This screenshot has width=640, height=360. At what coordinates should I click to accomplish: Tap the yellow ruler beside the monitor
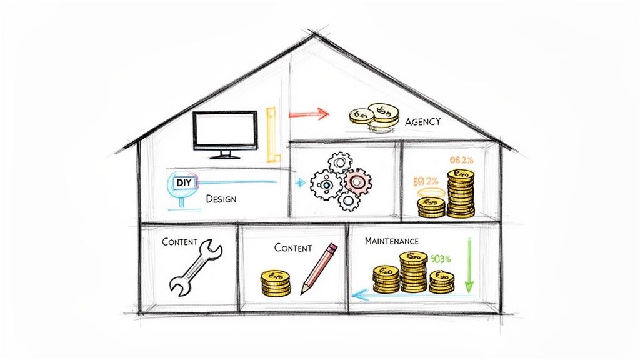(271, 134)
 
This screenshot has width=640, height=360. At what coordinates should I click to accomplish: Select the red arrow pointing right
(308, 114)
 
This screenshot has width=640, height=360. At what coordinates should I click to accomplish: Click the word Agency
(422, 122)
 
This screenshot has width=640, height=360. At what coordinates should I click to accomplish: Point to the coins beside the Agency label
(373, 116)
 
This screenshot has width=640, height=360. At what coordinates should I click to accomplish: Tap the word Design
(221, 199)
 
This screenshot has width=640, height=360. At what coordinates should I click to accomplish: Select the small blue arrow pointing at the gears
(299, 182)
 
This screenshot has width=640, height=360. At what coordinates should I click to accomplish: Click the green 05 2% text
(461, 160)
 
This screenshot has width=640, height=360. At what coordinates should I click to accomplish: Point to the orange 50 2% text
(427, 182)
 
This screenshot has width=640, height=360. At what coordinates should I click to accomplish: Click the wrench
(196, 268)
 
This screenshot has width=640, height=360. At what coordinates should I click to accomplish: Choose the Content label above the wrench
(179, 241)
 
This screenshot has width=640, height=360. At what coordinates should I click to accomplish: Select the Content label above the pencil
(292, 247)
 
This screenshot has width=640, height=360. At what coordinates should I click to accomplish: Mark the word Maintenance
(392, 240)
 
